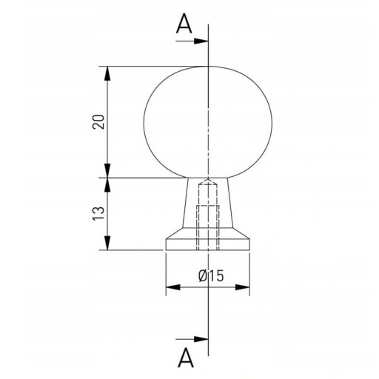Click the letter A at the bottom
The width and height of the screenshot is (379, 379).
click(x=186, y=358)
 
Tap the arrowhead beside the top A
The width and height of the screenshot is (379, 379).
click(x=201, y=41)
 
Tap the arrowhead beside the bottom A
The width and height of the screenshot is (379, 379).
click(x=201, y=339)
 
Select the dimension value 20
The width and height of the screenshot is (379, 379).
click(x=98, y=121)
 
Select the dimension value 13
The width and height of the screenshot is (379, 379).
click(x=98, y=213)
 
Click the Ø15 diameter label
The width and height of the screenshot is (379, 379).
click(x=211, y=275)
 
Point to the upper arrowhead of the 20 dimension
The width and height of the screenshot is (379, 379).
click(x=107, y=73)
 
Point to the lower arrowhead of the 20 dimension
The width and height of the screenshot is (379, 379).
click(x=107, y=170)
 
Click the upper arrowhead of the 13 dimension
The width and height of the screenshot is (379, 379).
click(x=107, y=185)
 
